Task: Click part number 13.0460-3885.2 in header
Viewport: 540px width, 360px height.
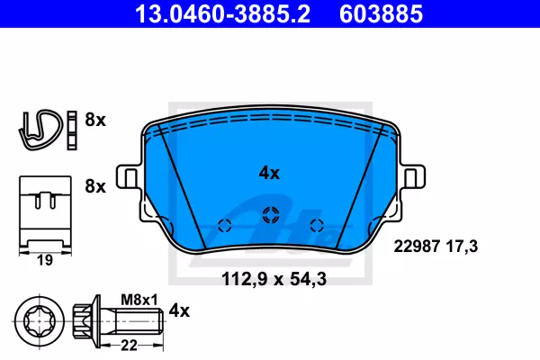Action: pyautogui.click(x=223, y=13)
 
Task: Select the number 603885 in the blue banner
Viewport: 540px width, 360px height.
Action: pyautogui.click(x=381, y=13)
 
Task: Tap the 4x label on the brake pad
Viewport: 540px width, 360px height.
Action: pyautogui.click(x=269, y=173)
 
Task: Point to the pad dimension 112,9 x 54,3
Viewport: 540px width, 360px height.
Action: pyautogui.click(x=274, y=279)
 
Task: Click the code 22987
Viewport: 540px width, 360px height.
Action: pyautogui.click(x=417, y=247)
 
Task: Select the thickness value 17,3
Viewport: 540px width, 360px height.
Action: pyautogui.click(x=463, y=247)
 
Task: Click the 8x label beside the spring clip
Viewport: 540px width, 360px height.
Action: pyautogui.click(x=95, y=120)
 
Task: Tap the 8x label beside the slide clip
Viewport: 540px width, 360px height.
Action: pyautogui.click(x=95, y=186)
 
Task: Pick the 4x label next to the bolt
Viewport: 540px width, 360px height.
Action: pyautogui.click(x=179, y=310)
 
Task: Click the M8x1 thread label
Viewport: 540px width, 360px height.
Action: pyautogui.click(x=139, y=300)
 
